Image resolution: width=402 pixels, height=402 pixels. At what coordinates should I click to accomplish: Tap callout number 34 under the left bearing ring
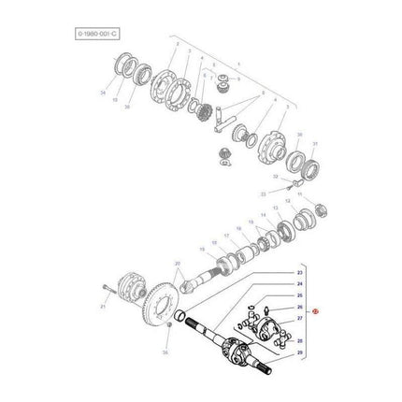117,93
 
